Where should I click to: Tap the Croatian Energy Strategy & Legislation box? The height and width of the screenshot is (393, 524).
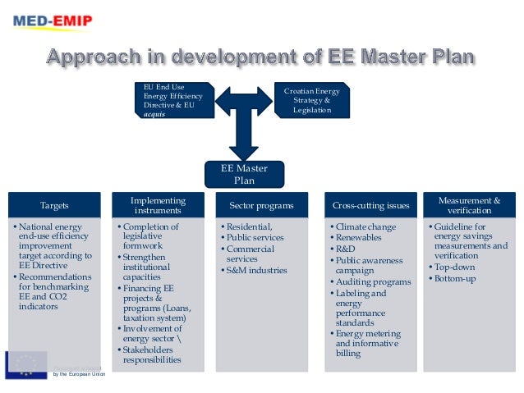coord(311,100)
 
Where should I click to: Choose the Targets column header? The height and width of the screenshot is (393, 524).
coord(54,205)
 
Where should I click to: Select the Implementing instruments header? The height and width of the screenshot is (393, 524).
coord(158,205)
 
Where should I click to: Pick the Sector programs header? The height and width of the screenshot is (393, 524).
coord(262,205)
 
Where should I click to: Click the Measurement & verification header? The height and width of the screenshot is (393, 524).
coord(469,205)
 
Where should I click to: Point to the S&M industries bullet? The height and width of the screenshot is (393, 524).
coord(256,270)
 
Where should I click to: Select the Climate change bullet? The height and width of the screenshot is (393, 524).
coord(365,226)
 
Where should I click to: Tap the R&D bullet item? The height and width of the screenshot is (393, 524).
coord(345,248)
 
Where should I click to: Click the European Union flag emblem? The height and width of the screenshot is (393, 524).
coord(25,364)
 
